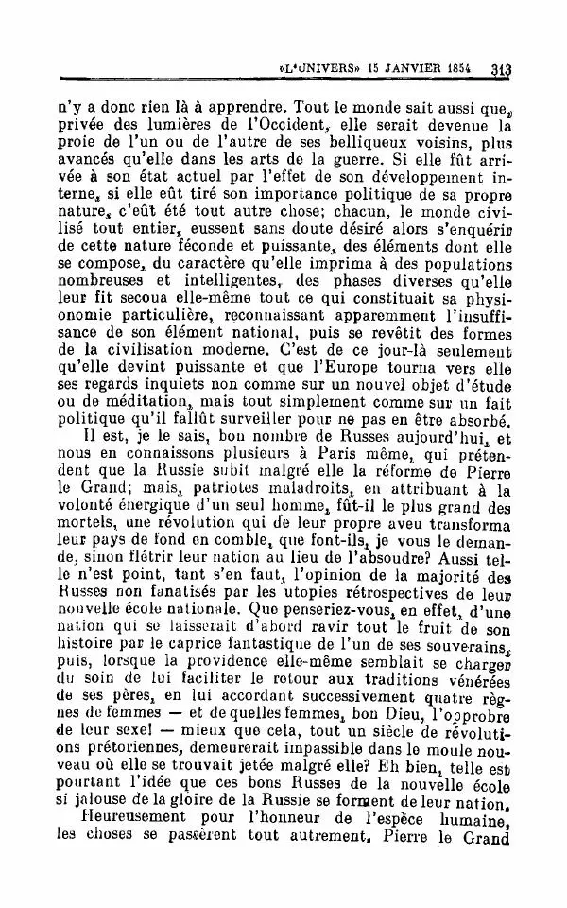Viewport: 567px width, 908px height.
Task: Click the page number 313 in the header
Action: [502, 69]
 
